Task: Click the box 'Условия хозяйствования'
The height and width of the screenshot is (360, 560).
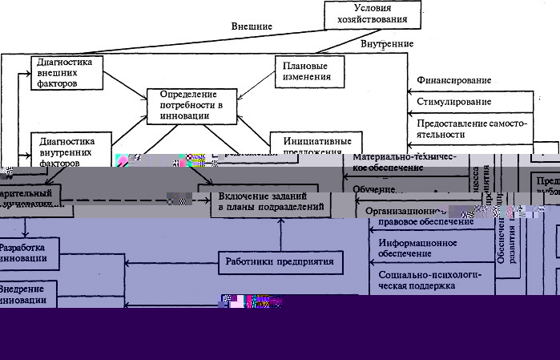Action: point(373,14)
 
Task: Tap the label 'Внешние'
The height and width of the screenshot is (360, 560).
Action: point(252,26)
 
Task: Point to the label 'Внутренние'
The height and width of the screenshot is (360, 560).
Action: point(387,43)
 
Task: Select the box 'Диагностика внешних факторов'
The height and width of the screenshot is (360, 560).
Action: point(67,72)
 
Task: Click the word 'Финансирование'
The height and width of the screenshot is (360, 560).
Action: point(453,82)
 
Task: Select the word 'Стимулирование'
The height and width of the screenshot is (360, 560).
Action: point(453,103)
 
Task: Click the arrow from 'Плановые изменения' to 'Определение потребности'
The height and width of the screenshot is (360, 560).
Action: point(249,87)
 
